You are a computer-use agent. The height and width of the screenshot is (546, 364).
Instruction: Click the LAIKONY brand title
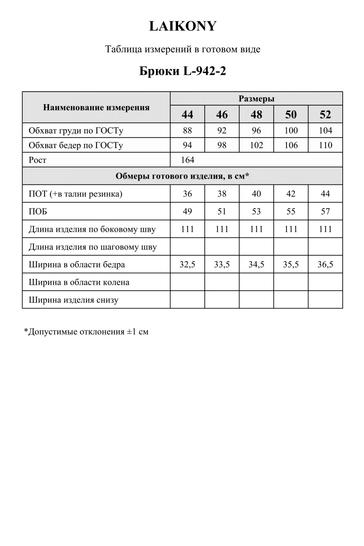tap(183, 26)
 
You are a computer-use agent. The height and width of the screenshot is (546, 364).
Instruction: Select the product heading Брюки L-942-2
tap(183, 71)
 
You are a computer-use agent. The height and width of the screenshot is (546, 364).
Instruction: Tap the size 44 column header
tap(187, 114)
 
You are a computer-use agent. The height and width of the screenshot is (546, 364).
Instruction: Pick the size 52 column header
tap(325, 114)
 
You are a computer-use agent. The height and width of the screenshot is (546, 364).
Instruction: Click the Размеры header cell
tap(256, 99)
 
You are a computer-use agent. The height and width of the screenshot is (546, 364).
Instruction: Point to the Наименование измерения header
tap(96, 107)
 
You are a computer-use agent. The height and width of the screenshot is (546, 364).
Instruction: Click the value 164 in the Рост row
tap(188, 160)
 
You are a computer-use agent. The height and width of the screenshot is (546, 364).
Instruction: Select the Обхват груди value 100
tap(291, 130)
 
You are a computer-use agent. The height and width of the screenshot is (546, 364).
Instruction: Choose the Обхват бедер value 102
tap(256, 145)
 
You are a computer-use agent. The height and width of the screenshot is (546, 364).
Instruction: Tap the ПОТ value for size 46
tap(222, 194)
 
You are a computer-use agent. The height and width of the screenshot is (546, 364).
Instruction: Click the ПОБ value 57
tap(325, 211)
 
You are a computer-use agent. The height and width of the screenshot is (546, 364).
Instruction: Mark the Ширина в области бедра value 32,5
tap(187, 264)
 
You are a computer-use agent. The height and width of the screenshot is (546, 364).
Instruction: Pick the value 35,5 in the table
tap(291, 264)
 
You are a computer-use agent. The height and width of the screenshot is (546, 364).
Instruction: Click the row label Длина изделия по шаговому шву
tap(93, 247)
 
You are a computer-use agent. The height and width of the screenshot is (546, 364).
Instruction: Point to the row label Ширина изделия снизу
tap(73, 300)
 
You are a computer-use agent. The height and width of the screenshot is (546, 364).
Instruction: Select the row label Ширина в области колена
tap(79, 282)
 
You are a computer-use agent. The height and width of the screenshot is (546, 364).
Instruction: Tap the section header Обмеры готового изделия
tap(182, 176)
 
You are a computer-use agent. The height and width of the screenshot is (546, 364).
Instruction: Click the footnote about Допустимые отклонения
tap(86, 332)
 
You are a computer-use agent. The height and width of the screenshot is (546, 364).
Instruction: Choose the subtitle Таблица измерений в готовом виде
tap(183, 49)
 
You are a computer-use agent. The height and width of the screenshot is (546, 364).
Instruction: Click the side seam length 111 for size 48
tap(256, 229)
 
